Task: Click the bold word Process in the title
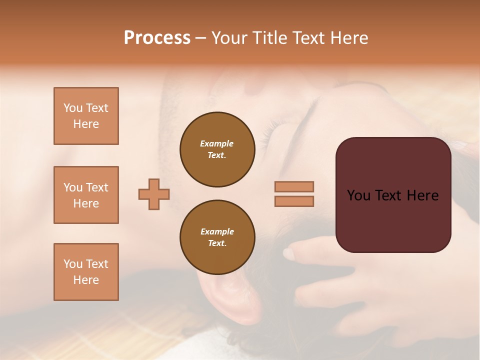[157, 38]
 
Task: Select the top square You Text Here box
[86, 116]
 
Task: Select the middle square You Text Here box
[86, 195]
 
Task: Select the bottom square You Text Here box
[86, 272]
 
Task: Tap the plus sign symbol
[154, 194]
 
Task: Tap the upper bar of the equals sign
[294, 186]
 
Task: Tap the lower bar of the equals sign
[294, 201]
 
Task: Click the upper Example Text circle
[217, 149]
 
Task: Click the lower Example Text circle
[217, 237]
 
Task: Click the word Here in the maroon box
[422, 195]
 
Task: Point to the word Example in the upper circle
[217, 143]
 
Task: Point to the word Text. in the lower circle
[217, 243]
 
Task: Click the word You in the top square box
[72, 108]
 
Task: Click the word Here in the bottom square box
[86, 280]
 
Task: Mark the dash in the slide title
[200, 38]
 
